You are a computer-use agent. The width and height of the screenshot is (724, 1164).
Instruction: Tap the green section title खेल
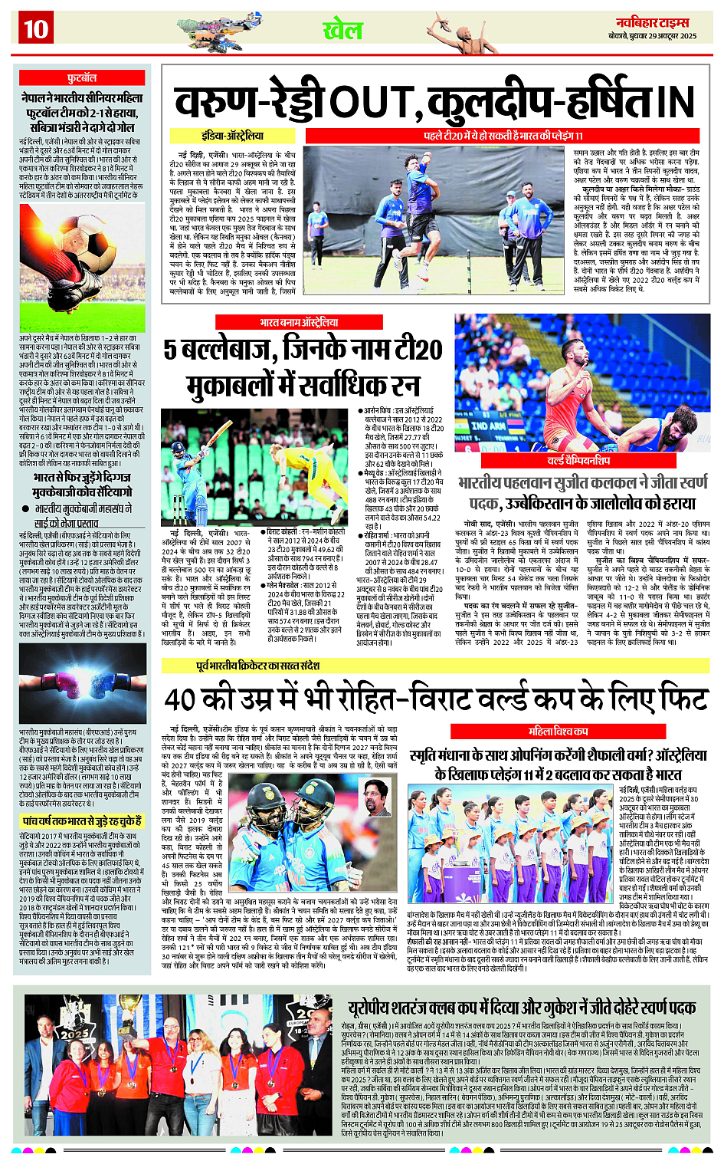pos(342,31)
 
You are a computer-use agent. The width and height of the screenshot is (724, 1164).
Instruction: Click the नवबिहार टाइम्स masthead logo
pos(652,22)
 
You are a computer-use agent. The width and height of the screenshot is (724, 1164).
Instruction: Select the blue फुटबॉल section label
pos(81,78)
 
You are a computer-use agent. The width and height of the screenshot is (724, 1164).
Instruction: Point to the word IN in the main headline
pos(673,103)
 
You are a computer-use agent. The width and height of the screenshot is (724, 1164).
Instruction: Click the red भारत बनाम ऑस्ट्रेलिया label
pos(298,322)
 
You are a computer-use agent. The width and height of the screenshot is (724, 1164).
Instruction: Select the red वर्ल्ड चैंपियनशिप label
pos(578,461)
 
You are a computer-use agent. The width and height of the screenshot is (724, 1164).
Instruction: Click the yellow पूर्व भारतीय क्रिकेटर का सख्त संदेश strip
pos(257,666)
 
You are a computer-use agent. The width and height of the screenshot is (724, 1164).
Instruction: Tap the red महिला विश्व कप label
pos(559,731)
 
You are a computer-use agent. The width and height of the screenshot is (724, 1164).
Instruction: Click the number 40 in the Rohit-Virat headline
pos(183,699)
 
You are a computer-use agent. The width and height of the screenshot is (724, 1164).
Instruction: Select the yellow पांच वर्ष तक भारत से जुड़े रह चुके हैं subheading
pos(81,820)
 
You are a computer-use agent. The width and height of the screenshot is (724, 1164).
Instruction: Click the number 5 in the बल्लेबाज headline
pos(170,350)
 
